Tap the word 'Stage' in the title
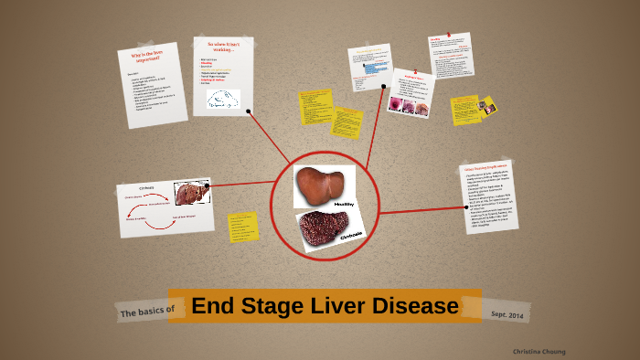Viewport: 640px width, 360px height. [x=276, y=306]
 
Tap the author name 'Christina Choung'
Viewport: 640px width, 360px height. [x=539, y=351]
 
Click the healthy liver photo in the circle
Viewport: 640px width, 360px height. [x=324, y=184]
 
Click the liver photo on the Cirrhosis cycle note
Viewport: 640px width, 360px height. [x=189, y=193]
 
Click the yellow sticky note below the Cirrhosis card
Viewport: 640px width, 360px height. [x=243, y=226]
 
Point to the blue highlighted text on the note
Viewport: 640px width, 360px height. [x=375, y=67]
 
